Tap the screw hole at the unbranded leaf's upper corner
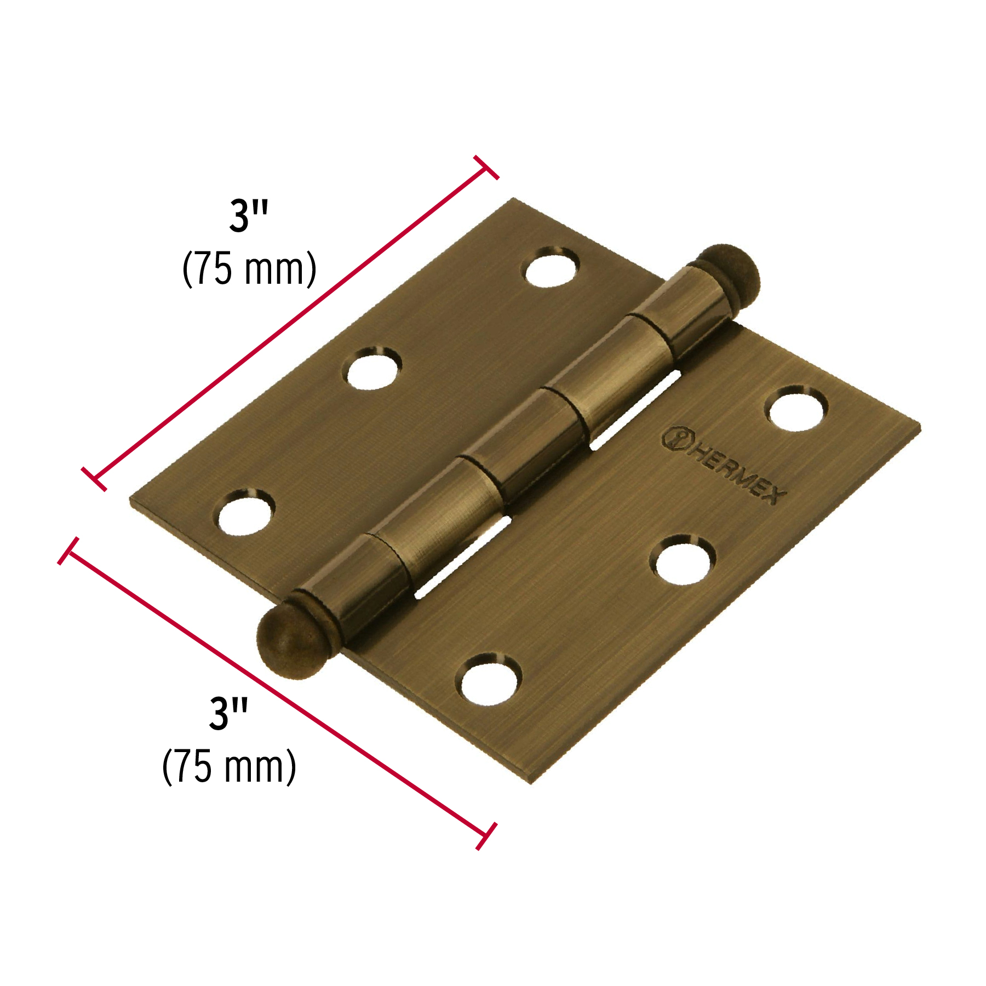pyautogui.click(x=552, y=267)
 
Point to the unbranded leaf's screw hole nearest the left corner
pyautogui.click(x=245, y=512)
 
